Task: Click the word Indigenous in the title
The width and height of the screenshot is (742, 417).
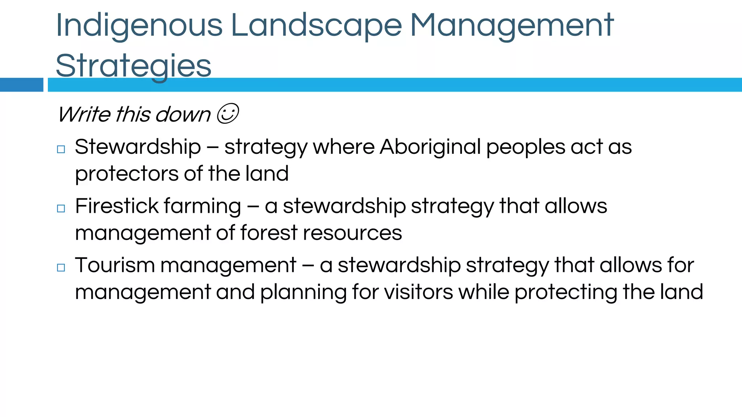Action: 139,25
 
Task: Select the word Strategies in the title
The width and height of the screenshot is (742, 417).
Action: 133,66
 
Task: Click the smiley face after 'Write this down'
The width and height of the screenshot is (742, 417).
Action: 228,114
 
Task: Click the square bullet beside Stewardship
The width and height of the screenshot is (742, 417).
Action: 61,149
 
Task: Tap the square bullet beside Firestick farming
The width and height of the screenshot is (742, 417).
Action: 61,208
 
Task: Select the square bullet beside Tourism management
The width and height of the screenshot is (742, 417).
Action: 61,268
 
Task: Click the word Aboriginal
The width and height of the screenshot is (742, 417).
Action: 430,147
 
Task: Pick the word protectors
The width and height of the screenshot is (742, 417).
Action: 127,174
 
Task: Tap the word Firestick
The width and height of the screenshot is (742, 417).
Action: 117,206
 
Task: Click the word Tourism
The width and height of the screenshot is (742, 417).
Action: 115,265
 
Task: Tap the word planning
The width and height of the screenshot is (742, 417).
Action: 303,292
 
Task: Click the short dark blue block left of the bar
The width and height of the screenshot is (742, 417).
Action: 21,85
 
